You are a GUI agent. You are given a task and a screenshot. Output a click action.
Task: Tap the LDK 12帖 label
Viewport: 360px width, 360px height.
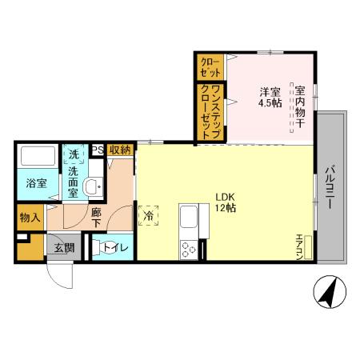[x=224, y=202]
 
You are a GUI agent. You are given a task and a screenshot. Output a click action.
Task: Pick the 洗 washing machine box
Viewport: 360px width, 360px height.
[x=74, y=153]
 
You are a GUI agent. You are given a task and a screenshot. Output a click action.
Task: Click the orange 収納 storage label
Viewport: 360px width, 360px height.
[x=121, y=149]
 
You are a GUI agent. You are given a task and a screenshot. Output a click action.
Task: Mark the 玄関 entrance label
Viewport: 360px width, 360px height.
[x=64, y=248]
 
